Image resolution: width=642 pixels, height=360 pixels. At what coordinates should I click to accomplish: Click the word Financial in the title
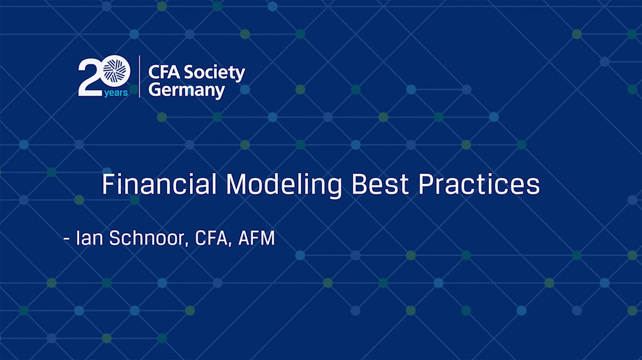[159, 184]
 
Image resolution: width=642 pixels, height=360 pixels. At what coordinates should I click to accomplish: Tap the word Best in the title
[380, 184]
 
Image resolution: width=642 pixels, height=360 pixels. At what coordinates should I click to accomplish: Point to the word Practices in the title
[479, 184]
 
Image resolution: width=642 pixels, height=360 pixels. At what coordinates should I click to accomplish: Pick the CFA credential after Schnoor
[211, 238]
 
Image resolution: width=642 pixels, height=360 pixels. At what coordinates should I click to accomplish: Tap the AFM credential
[257, 238]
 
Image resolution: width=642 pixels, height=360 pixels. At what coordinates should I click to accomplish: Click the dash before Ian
[66, 239]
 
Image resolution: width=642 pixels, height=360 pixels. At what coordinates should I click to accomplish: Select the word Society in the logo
[215, 73]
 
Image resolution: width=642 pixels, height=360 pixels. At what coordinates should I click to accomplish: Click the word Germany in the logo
[187, 90]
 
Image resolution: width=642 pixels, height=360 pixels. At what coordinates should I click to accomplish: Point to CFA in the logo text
[164, 72]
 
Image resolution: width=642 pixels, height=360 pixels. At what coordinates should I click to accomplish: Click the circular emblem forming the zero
[115, 71]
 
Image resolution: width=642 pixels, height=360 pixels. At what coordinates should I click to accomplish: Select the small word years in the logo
[116, 93]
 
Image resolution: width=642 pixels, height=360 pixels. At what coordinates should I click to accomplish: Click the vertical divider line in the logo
[139, 76]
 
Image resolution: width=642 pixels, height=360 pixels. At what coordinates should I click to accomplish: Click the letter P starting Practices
[425, 184]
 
